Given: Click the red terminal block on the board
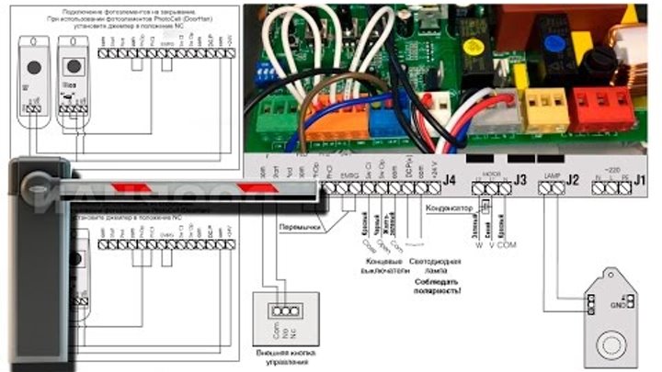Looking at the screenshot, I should tap(602, 107).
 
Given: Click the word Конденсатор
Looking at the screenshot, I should tap(449, 208).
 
